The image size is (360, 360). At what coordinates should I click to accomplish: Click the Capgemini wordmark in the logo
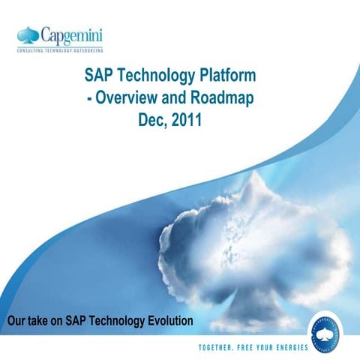(73, 35)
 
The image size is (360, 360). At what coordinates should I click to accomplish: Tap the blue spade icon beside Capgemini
(28, 34)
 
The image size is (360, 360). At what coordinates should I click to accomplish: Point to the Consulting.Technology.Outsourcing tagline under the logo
(61, 49)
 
